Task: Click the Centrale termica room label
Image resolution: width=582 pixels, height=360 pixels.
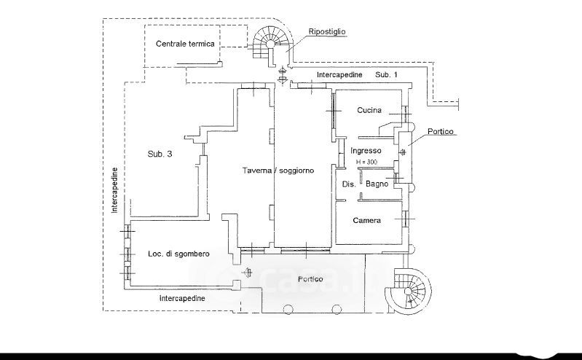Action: (x=185, y=44)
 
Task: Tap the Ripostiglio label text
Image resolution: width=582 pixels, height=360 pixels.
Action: (x=327, y=33)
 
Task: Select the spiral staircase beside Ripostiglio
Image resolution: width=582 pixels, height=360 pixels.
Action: (x=270, y=42)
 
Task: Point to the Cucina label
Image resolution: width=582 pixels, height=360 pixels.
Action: (x=370, y=111)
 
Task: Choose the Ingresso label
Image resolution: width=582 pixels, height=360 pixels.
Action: (x=366, y=151)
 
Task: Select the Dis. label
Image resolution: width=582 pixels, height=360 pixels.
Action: (x=349, y=184)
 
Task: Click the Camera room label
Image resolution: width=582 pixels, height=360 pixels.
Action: (x=366, y=221)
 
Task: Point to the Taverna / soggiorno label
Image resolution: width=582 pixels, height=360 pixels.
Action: (x=279, y=171)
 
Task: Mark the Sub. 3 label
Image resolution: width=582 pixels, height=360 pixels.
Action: (x=160, y=154)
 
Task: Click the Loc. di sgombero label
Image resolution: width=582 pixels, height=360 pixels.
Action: (x=179, y=254)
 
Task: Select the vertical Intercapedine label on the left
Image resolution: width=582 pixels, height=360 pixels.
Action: (x=115, y=190)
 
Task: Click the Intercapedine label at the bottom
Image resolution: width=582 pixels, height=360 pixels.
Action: (x=182, y=299)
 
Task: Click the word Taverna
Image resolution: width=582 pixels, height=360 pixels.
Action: (x=259, y=171)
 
